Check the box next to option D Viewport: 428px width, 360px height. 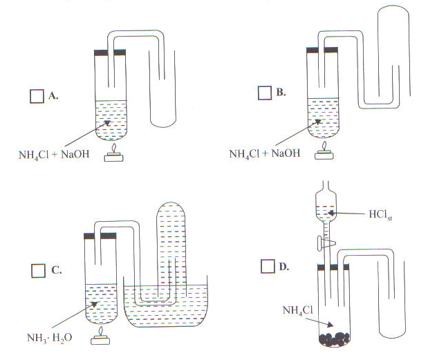point(267,265)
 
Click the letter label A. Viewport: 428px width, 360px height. point(53,96)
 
